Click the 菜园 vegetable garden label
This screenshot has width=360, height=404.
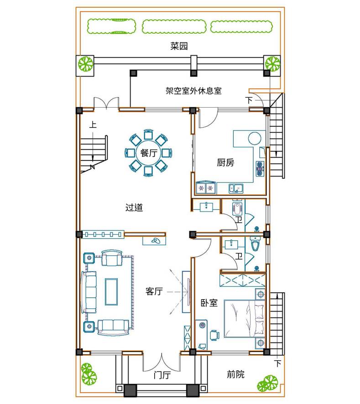[x=179, y=46]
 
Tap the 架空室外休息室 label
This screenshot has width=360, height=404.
[x=193, y=91]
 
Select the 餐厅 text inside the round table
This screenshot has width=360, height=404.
[x=149, y=153]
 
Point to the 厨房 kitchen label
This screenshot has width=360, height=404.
[x=225, y=163]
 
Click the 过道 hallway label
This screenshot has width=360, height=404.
[x=134, y=207]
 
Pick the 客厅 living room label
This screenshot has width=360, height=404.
[x=154, y=291]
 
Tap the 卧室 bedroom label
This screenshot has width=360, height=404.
[x=209, y=303]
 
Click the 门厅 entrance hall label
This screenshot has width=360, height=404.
[x=162, y=375]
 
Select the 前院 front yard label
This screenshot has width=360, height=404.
[x=235, y=374]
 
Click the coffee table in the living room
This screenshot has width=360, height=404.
[x=111, y=292]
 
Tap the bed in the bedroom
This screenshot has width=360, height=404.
[x=245, y=318]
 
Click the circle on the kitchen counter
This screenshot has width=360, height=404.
[x=255, y=138]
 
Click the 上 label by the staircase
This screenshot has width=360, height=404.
[x=93, y=125]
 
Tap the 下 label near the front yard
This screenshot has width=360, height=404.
[x=278, y=363]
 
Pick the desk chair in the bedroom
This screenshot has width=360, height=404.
[x=214, y=335]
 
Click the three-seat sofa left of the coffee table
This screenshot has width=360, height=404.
[x=89, y=292]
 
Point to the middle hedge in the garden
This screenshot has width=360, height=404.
[x=174, y=26]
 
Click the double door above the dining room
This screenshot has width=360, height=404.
[x=106, y=103]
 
